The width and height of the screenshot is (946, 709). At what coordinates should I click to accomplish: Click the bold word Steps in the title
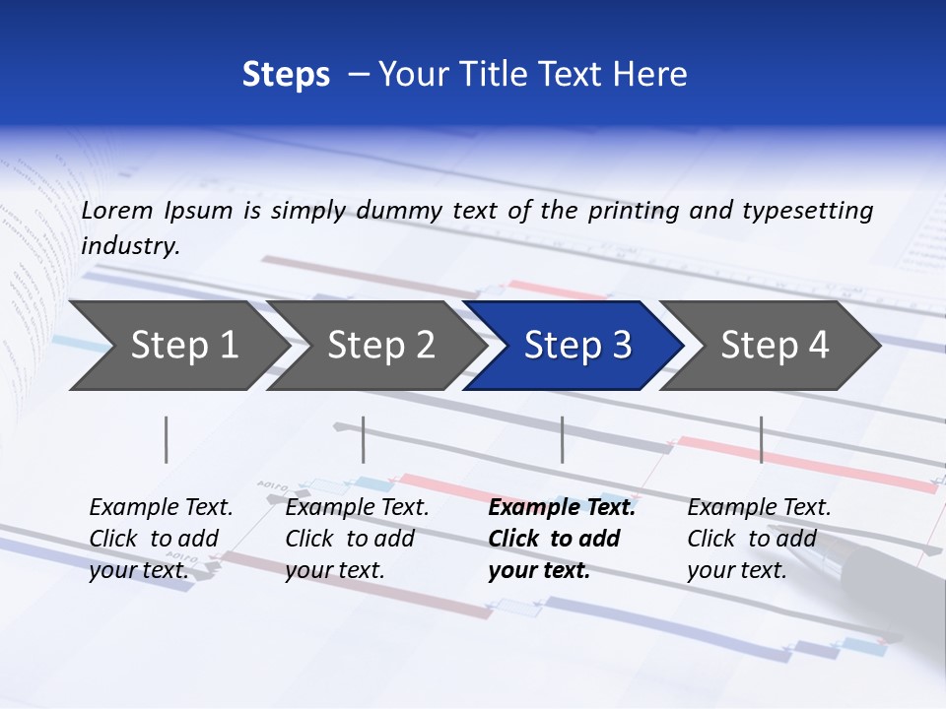pyautogui.click(x=286, y=75)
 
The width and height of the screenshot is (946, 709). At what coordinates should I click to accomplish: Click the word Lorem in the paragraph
pyautogui.click(x=118, y=210)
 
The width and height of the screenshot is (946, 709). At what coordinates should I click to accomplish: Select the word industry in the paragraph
pyautogui.click(x=130, y=245)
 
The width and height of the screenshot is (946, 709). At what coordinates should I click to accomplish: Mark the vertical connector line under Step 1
pyautogui.click(x=167, y=439)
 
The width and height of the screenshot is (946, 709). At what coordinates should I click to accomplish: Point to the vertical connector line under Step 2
pyautogui.click(x=364, y=439)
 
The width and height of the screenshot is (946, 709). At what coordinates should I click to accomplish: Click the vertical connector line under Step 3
pyautogui.click(x=563, y=439)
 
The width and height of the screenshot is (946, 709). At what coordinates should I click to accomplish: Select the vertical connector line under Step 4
pyautogui.click(x=762, y=439)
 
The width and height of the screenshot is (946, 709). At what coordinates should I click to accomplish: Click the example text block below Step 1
pyautogui.click(x=161, y=539)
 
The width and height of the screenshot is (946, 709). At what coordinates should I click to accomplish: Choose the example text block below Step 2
pyautogui.click(x=357, y=539)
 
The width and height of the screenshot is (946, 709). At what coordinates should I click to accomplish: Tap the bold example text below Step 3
pyautogui.click(x=562, y=539)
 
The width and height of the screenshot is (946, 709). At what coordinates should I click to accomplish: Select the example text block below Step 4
pyautogui.click(x=759, y=539)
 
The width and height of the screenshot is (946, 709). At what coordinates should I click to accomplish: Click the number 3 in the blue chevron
pyautogui.click(x=621, y=346)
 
